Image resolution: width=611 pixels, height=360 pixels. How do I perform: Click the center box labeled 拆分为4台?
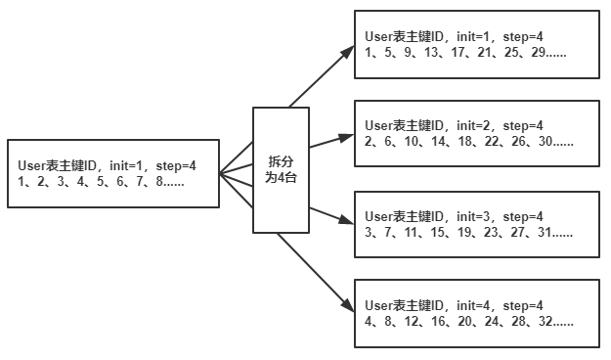[x=281, y=169]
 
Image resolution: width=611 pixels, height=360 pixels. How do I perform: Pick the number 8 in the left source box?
[x=160, y=181]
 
